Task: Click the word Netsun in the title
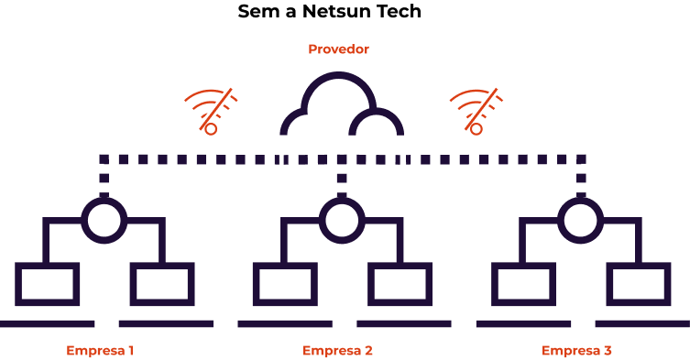tap(332, 11)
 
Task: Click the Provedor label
tap(338, 49)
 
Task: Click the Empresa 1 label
tap(100, 351)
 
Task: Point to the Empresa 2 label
tap(337, 351)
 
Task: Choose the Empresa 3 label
tap(576, 351)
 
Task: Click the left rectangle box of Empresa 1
tap(47, 266)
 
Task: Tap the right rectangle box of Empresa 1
tap(162, 266)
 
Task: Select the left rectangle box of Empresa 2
tap(285, 266)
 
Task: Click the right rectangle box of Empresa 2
tap(400, 266)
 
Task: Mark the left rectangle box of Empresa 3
tap(523, 266)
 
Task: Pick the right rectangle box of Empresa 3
tap(639, 266)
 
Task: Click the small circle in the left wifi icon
tap(211, 125)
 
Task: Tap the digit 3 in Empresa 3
tap(608, 351)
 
